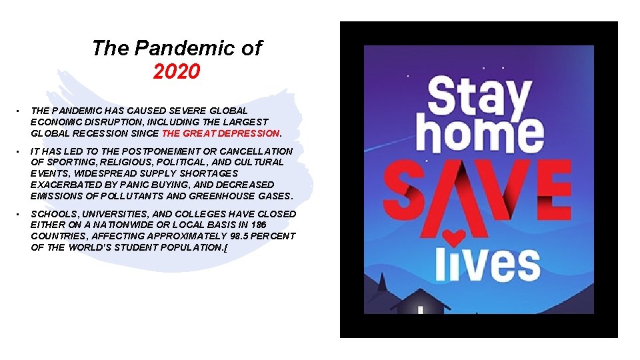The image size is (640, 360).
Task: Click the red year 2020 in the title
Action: pos(176,71)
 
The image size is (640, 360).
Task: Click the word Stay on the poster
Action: pos(479,97)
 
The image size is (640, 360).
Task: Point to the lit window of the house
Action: pos(420,309)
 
